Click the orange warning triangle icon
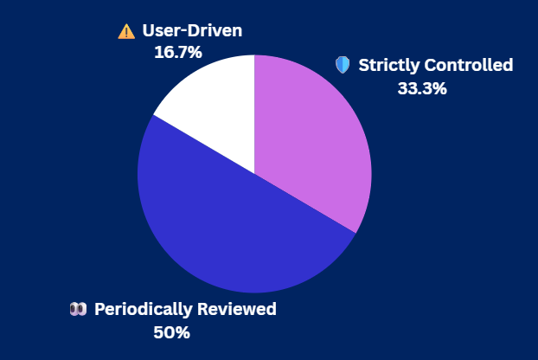(x=126, y=32)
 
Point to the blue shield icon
(x=343, y=65)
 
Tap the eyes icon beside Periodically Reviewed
(x=78, y=309)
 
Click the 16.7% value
(x=178, y=52)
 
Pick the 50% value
(x=171, y=332)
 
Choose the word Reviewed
(x=238, y=309)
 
